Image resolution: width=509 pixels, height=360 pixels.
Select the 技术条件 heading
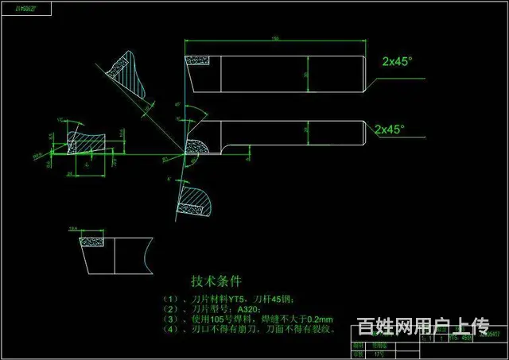(x=216, y=281)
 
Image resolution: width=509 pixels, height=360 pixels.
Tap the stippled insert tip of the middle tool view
(x=194, y=144)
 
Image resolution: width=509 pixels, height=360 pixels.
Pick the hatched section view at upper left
(x=126, y=73)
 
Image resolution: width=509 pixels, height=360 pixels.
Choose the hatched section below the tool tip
(x=193, y=201)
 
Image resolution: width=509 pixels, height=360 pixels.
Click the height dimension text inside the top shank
(x=305, y=74)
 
